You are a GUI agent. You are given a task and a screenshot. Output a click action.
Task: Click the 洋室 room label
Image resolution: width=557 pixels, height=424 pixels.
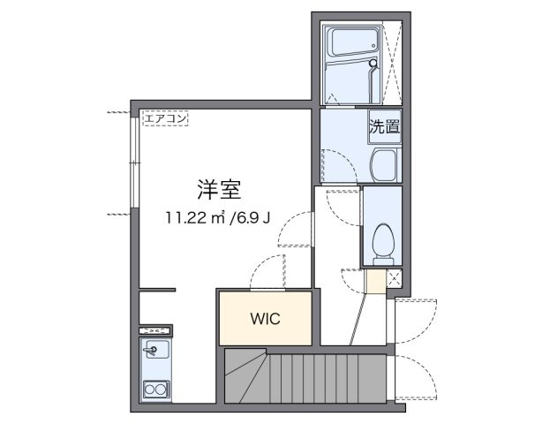point(219,190)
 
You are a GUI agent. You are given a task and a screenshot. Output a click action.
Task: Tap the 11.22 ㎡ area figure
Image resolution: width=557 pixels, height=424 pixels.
point(196,217)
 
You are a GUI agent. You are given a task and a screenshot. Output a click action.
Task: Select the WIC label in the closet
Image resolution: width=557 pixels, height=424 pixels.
point(266,319)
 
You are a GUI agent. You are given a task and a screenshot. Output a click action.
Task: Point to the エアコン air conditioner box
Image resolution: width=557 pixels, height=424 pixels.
point(166,118)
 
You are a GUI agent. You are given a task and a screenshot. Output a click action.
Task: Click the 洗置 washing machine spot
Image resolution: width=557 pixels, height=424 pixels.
point(384,127)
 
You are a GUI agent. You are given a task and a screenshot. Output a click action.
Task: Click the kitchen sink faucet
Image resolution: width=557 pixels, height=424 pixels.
point(151,351)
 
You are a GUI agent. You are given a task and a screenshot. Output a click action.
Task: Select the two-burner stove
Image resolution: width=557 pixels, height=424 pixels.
point(156,390)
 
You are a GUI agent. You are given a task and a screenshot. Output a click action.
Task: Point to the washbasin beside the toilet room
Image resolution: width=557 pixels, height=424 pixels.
point(384,165)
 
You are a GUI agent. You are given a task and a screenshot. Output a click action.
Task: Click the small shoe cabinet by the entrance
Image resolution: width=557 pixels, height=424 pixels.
point(376,282)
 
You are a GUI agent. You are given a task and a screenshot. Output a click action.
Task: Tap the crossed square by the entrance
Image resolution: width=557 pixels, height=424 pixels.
point(394,278)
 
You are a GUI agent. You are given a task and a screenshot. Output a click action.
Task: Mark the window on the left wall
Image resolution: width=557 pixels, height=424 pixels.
point(135,162)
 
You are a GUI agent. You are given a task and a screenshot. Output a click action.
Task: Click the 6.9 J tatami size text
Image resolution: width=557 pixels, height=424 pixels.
point(250,217)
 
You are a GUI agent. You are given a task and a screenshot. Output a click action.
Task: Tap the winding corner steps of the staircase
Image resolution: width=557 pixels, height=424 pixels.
point(246,375)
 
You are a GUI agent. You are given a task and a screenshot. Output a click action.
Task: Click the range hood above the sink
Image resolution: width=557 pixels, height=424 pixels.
point(155,330)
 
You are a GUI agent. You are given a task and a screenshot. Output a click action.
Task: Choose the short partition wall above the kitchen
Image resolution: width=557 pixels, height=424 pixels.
point(157,290)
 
